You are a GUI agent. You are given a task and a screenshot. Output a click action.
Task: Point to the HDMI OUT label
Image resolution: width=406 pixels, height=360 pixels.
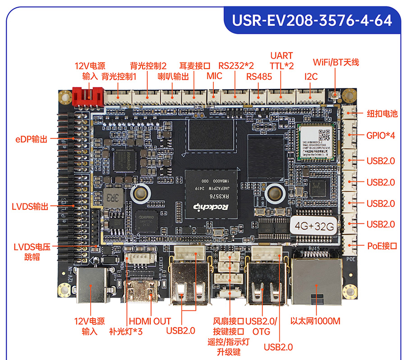tap(150, 321)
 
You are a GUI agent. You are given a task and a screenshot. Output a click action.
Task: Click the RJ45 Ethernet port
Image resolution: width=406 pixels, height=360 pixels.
tap(315, 280)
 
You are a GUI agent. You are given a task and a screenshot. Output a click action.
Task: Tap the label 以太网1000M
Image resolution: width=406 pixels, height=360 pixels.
tap(315, 321)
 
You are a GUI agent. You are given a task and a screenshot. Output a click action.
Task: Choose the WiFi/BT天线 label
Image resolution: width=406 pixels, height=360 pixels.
tap(336, 62)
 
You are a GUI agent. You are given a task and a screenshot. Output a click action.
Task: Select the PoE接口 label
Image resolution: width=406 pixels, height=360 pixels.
tap(382, 246)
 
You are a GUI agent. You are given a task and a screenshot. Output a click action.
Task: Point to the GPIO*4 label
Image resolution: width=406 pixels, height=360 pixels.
tap(381, 135)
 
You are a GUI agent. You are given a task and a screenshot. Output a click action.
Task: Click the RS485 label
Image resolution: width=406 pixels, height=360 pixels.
tap(259, 77)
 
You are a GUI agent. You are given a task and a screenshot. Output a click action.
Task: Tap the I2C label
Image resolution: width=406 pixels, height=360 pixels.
tap(311, 77)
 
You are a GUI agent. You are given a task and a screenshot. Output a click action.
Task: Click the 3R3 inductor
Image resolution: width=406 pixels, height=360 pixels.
tap(110, 198)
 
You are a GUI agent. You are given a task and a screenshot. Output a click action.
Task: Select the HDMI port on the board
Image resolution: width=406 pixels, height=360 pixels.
tap(140, 293)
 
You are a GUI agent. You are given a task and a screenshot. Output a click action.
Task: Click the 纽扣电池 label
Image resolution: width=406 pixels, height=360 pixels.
tap(382, 113)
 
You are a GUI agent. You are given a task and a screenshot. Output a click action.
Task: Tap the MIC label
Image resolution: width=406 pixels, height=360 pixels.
tap(214, 76)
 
